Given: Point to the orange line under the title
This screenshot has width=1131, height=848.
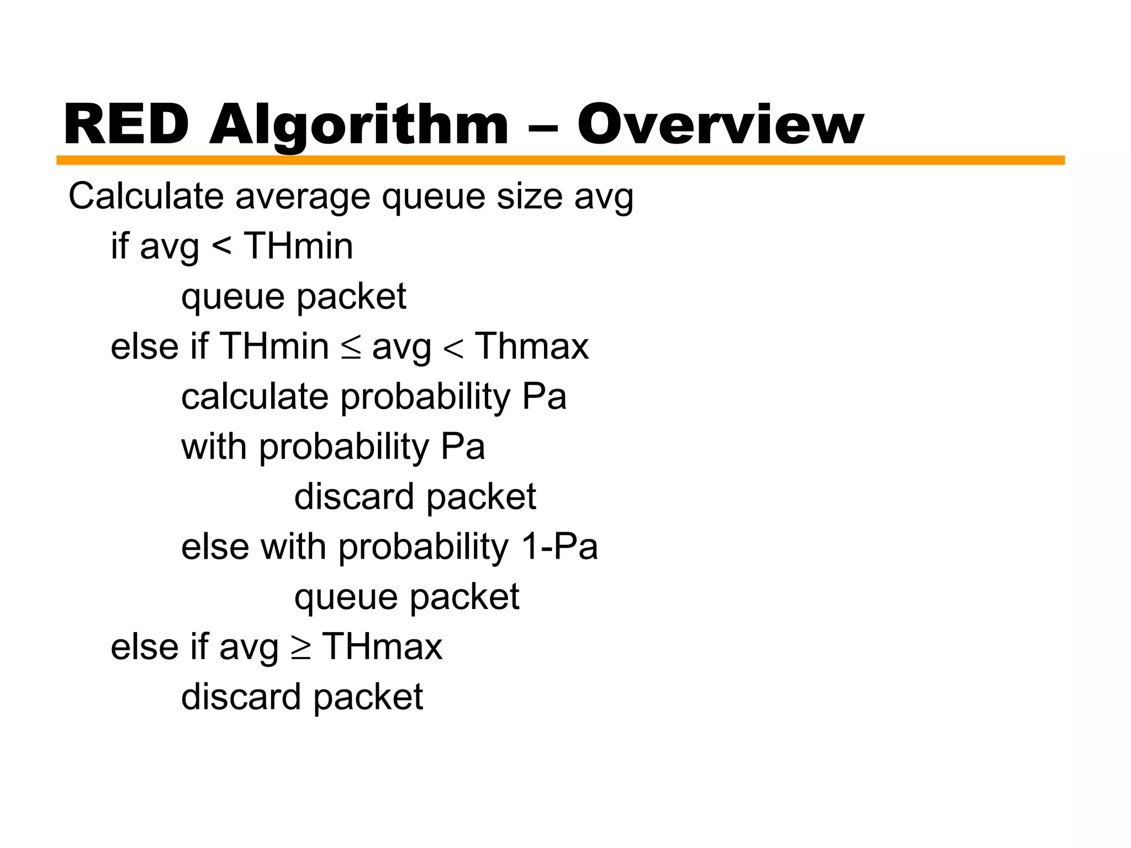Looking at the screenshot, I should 560,161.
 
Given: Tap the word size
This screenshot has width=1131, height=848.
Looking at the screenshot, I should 530,196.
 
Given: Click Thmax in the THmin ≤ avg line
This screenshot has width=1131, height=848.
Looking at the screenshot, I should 532,347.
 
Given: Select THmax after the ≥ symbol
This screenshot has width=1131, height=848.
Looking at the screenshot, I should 382,647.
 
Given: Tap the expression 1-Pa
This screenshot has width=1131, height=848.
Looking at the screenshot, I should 559,547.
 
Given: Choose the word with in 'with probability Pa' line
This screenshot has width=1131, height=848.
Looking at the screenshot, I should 214,447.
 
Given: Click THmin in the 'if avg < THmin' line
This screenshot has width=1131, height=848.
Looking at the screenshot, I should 298,246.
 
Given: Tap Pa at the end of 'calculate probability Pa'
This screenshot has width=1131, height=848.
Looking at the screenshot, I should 544,397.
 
